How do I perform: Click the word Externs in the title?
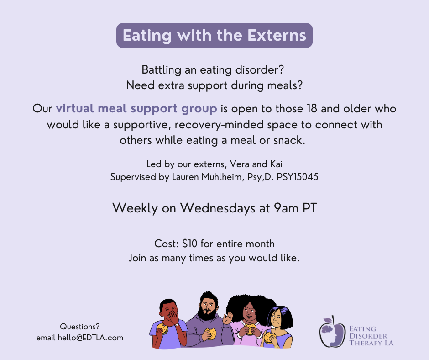point(277,36)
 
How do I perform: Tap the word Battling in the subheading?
point(161,70)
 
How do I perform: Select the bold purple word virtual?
point(75,108)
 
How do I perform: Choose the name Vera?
point(240,164)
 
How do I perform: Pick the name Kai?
point(276,164)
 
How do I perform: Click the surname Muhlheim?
point(221,177)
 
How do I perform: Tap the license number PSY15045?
point(298,177)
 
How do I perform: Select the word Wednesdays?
point(218,208)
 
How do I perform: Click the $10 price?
point(189,244)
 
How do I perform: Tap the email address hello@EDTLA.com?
point(90,338)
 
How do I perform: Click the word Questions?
point(79,327)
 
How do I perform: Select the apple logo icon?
point(332,331)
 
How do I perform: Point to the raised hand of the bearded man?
point(228,318)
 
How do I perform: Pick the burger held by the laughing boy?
point(162,328)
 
